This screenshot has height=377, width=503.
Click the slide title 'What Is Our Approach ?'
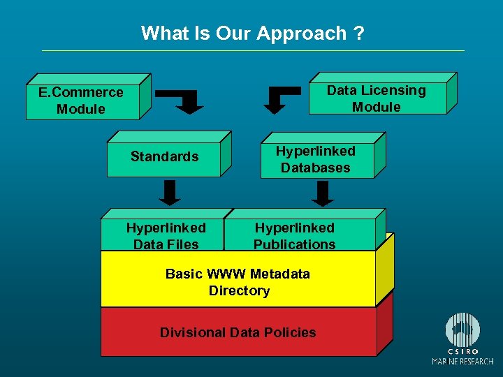tap(252, 33)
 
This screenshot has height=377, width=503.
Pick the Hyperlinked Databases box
tap(315, 159)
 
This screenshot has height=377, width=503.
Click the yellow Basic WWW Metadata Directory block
tap(238, 281)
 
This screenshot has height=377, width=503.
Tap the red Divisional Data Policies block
tap(238, 332)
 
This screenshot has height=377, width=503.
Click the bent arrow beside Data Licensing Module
tap(283, 99)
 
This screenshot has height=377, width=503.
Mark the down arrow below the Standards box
tap(169, 193)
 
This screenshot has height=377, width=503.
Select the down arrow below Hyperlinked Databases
tap(322, 193)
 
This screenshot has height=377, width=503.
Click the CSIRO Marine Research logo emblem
tap(463, 330)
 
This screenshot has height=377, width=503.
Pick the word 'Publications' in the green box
tap(294, 244)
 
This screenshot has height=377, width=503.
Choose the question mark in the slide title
tap(358, 33)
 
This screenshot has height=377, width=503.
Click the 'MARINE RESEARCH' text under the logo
tap(462, 361)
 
